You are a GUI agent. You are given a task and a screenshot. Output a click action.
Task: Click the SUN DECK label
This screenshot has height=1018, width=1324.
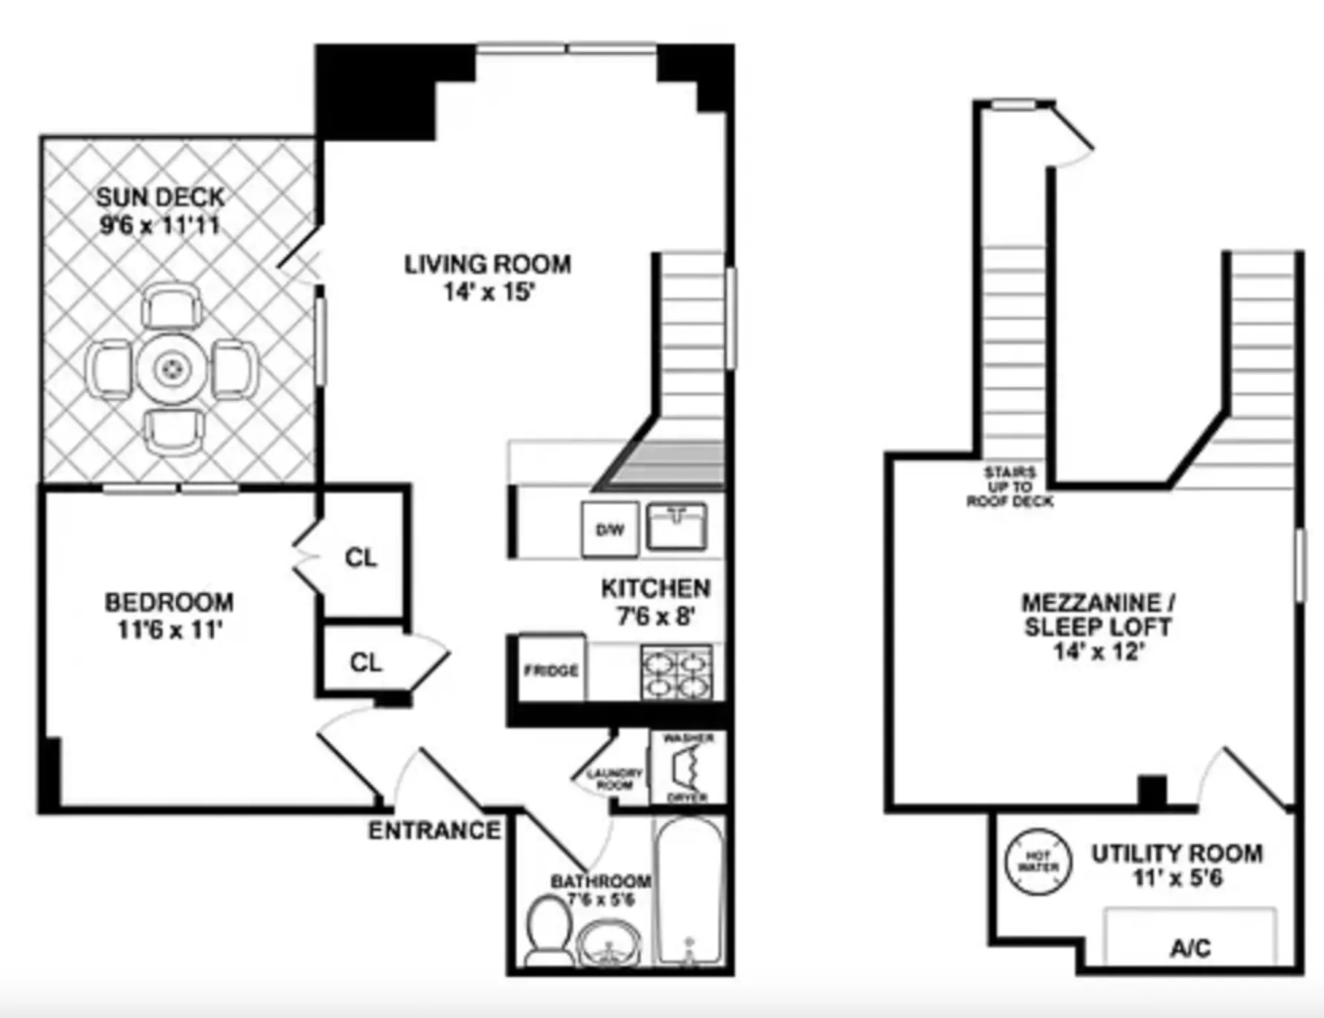(160, 198)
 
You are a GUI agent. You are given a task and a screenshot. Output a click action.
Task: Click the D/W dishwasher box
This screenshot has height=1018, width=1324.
(610, 530)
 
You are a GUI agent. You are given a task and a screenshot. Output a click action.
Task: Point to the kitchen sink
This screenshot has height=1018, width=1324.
(675, 526)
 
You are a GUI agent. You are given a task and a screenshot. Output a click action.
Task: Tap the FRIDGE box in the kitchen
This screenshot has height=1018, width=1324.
(550, 670)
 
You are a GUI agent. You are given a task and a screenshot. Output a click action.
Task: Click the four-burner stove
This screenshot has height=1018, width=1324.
(676, 673)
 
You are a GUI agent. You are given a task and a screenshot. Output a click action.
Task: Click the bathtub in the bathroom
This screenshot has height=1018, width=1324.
(690, 891)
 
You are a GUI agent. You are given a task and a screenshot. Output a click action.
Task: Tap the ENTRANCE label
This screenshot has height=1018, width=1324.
(434, 830)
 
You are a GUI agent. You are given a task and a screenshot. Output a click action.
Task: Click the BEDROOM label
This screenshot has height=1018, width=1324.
(169, 602)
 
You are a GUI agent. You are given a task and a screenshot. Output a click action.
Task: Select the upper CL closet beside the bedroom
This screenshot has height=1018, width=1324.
(361, 557)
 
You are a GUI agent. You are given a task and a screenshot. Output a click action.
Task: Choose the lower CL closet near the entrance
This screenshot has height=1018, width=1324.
(365, 662)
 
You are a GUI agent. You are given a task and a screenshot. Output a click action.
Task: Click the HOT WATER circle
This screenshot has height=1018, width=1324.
(1038, 862)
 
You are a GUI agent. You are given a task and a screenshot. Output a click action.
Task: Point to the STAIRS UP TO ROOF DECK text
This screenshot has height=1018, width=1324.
(1009, 487)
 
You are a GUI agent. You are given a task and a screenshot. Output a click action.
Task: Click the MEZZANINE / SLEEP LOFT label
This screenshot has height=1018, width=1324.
(1098, 614)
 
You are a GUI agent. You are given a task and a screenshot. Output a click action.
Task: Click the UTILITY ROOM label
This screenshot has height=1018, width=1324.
(1177, 854)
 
